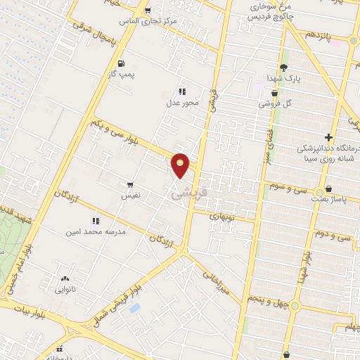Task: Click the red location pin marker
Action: click(x=181, y=164)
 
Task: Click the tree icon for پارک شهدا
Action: click(x=283, y=67)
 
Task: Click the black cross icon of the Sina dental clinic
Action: click(x=328, y=137)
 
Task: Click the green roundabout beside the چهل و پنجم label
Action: click(x=295, y=306)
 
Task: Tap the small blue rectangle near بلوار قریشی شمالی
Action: click(x=135, y=308)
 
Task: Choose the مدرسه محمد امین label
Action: click(x=89, y=231)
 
